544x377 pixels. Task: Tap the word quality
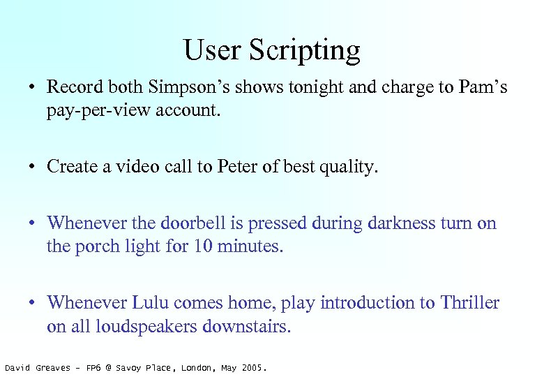[x=347, y=167]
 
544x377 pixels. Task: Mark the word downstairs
[x=255, y=325]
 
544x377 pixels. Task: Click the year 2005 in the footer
[x=252, y=367]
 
